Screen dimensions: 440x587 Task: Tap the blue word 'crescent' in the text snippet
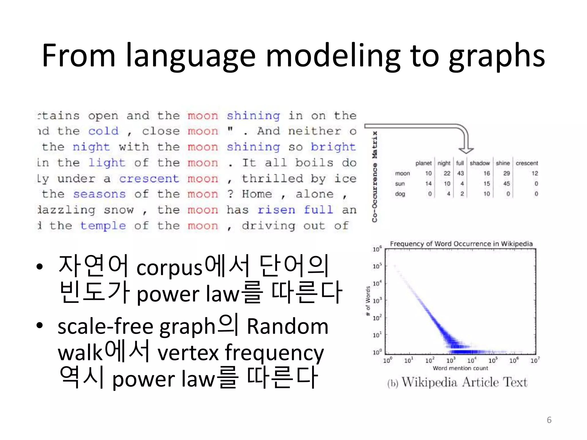click(149, 179)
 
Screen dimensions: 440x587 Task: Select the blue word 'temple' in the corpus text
click(103, 226)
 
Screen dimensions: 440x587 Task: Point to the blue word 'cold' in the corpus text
click(103, 131)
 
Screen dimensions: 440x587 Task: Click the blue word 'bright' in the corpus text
click(333, 147)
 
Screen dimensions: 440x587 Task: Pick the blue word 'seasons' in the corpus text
click(99, 194)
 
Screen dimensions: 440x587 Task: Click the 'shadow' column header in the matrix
click(480, 163)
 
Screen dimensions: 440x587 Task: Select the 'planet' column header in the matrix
click(423, 163)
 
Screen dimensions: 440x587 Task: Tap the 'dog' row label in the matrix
click(400, 194)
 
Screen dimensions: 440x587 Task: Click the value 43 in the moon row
click(460, 173)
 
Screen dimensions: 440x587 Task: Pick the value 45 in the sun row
click(506, 184)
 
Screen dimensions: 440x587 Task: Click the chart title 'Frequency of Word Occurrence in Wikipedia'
click(461, 244)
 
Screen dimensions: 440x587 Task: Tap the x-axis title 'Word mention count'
click(460, 368)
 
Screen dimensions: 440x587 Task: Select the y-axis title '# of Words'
click(368, 301)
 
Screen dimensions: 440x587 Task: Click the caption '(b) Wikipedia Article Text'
click(457, 382)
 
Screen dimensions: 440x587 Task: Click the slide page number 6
click(549, 420)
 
